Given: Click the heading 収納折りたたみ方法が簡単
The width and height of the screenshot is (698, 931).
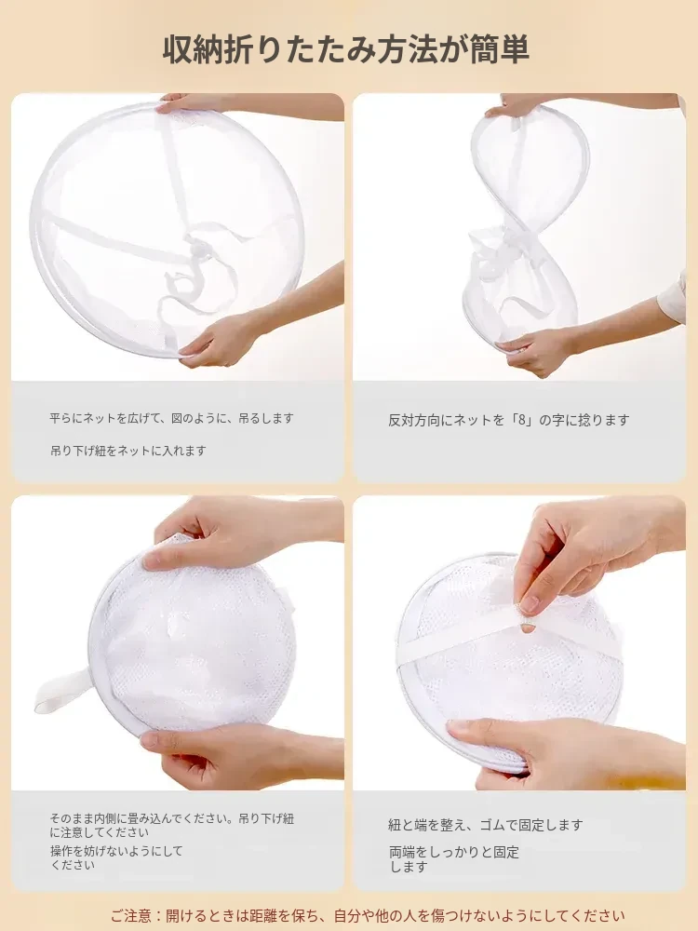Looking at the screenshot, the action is coord(346,50).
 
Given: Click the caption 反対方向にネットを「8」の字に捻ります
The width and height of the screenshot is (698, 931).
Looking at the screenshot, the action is coord(509,420).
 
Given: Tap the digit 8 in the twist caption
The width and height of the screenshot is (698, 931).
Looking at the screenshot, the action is coord(523,420).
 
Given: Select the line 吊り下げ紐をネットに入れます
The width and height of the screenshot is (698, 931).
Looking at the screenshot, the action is coord(128,451).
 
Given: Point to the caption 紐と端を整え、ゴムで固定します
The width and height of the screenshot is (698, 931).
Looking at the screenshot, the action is coord(486,825).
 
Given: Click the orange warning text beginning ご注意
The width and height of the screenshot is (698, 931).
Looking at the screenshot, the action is coord(368,916).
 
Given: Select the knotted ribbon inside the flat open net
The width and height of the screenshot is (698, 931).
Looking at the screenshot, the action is coord(195,267).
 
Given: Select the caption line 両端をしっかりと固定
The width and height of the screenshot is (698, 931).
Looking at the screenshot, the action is coord(454,852).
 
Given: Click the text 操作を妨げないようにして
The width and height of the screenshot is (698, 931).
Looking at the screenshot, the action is coord(116,851).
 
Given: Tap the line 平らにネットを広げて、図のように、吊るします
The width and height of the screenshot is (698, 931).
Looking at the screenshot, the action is coord(171,418).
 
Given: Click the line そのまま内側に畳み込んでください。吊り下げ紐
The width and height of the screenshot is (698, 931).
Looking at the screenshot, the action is coord(171,818).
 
